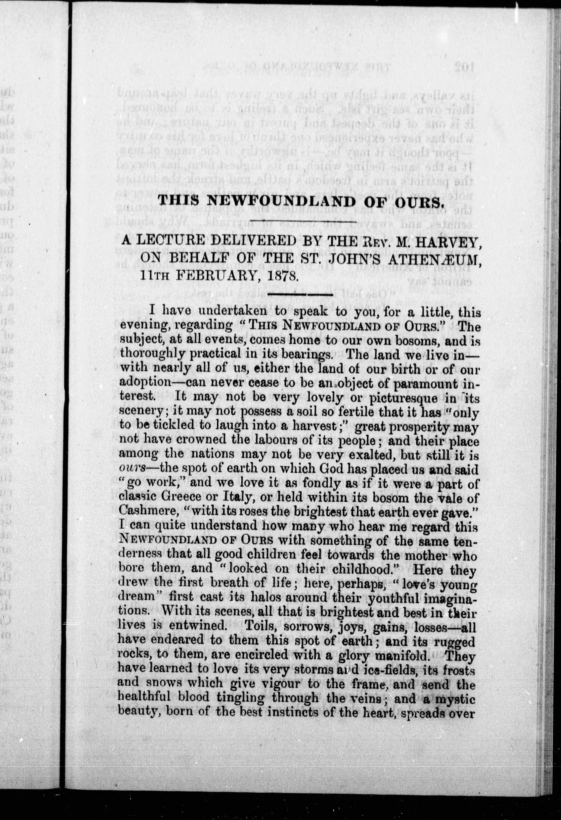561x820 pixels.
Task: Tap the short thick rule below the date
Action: (x=300, y=294)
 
